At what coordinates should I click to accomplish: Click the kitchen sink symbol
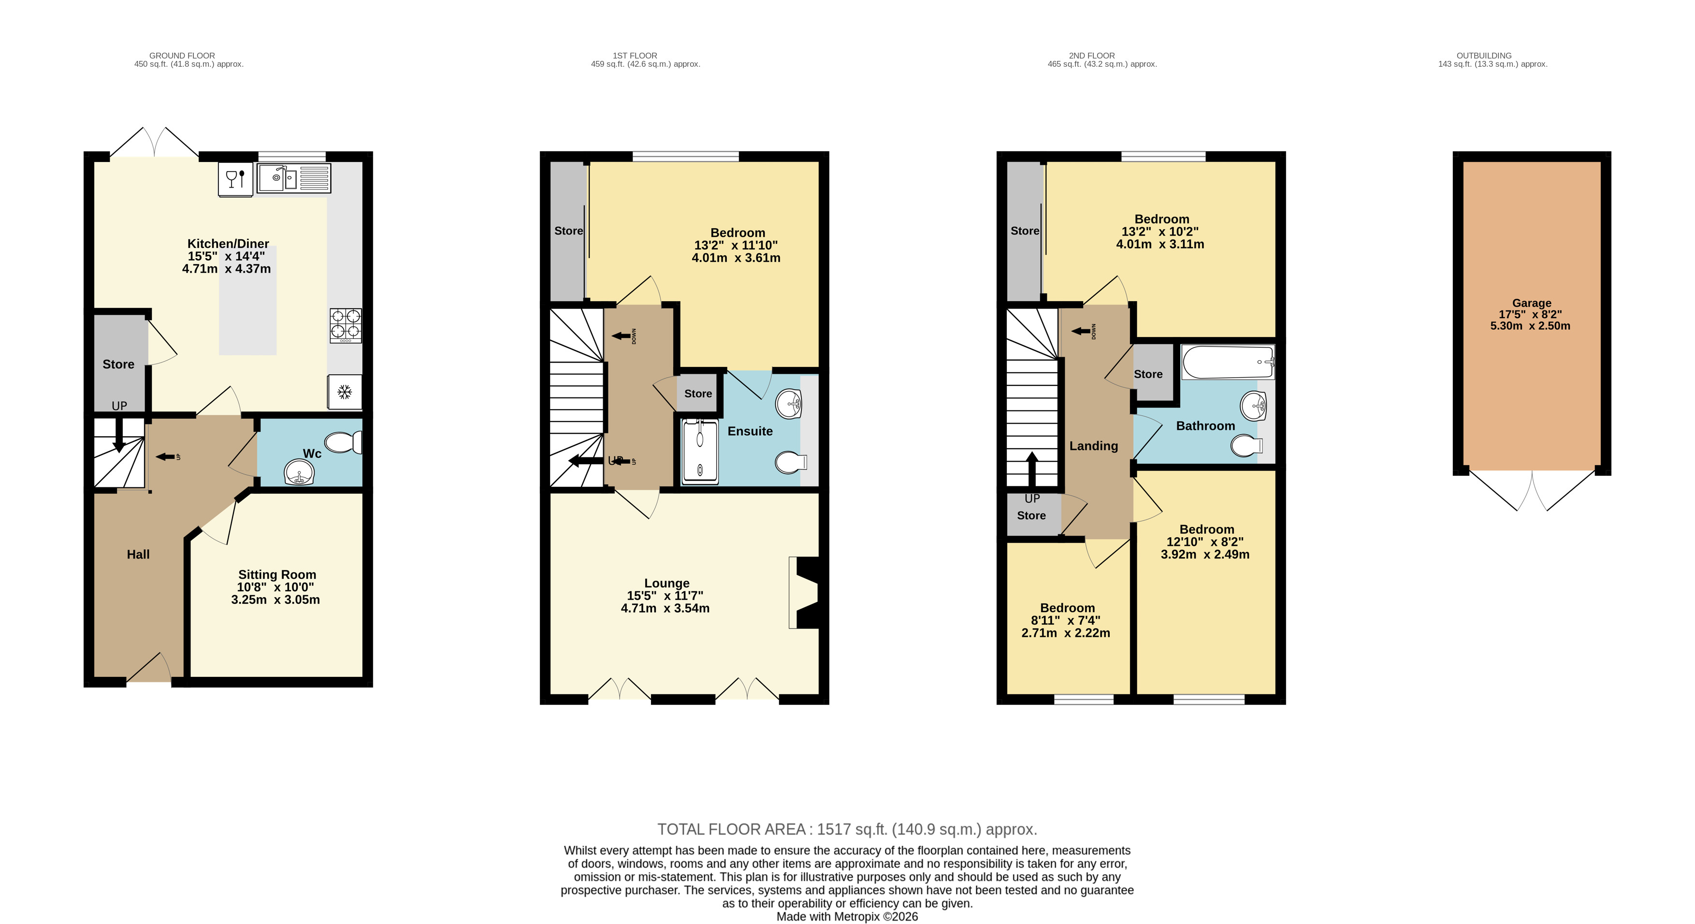pos(293,178)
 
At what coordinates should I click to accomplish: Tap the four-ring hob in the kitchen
pos(346,326)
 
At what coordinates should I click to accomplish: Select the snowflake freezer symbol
pos(345,392)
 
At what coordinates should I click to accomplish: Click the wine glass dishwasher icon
pos(235,178)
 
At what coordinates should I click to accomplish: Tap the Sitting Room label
pos(277,574)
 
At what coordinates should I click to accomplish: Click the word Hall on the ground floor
pos(138,554)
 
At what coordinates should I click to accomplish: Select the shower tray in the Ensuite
pos(699,452)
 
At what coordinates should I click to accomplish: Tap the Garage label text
pos(1531,303)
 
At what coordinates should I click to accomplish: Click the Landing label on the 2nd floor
pos(1094,446)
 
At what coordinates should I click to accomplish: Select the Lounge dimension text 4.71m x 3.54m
pos(665,608)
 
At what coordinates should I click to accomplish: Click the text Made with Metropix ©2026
pos(848,917)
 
